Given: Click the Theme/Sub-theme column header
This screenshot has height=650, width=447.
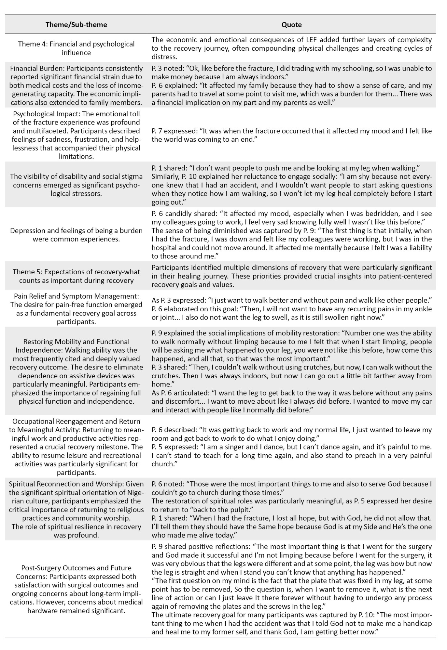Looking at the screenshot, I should [x=76, y=24].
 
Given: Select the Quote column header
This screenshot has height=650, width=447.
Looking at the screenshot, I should [x=291, y=24].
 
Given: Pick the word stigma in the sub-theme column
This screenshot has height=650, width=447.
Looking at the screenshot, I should [x=133, y=176].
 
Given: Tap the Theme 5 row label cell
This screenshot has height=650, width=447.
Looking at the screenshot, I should [x=76, y=276].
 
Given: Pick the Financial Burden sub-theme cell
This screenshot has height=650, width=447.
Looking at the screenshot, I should [x=76, y=85].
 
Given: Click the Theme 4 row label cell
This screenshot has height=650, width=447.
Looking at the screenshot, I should [x=76, y=48].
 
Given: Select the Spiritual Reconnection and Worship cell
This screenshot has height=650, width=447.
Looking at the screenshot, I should [x=76, y=509].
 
